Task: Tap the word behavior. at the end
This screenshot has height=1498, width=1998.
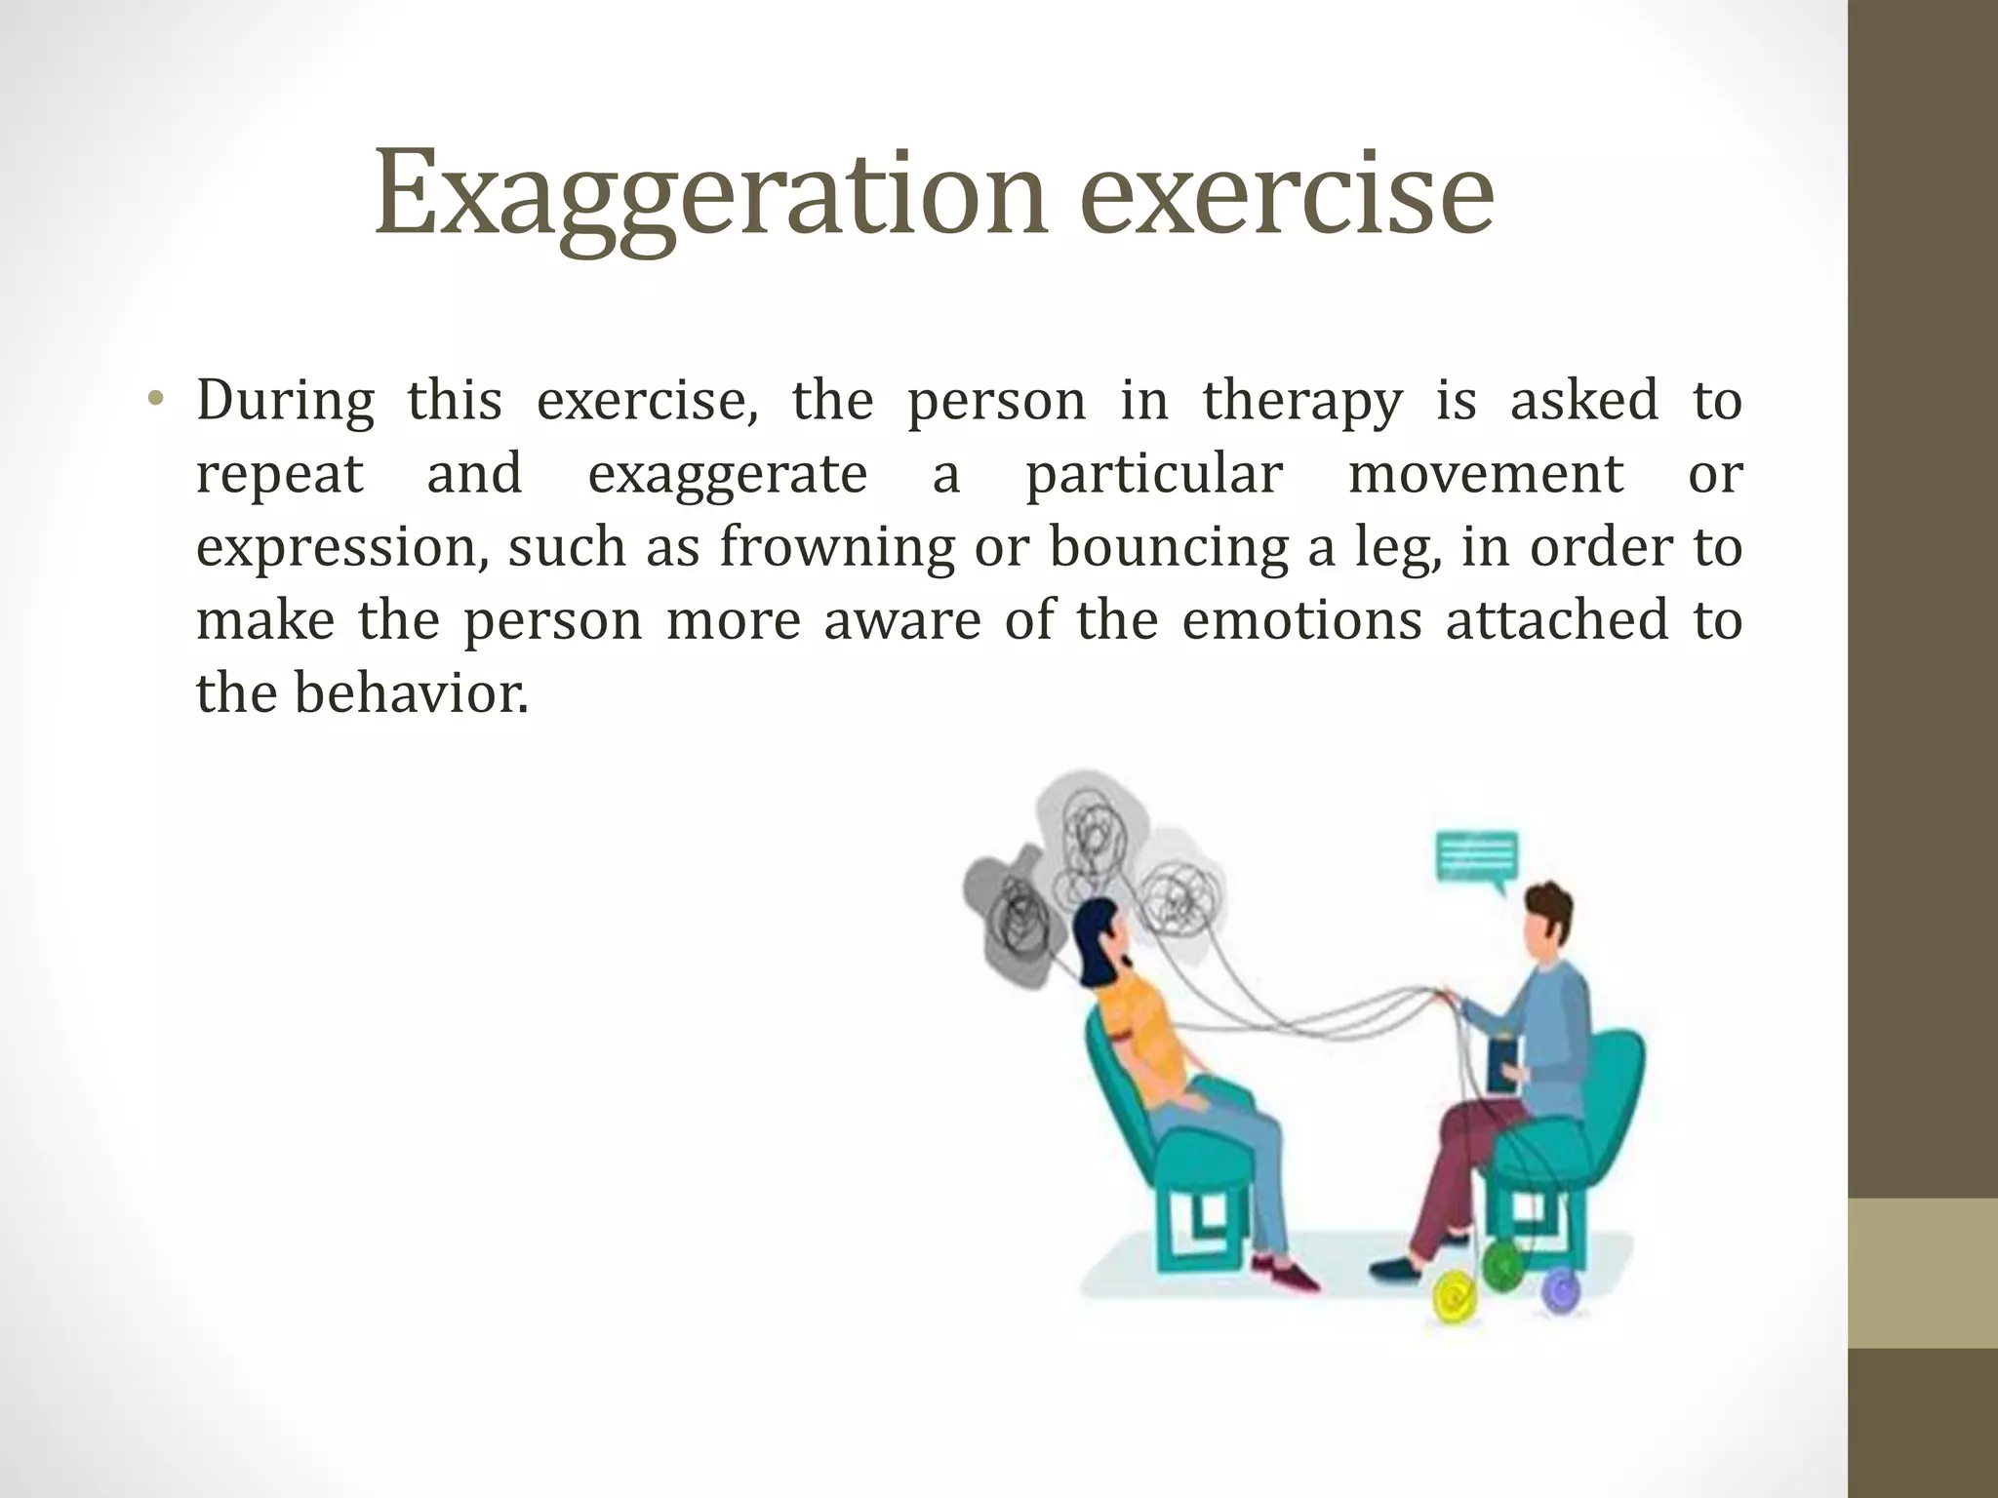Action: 411,693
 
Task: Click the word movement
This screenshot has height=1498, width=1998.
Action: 1485,474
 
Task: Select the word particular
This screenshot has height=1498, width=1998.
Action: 1153,474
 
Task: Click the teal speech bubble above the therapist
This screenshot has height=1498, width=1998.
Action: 1477,859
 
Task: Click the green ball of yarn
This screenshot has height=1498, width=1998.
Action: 1501,1265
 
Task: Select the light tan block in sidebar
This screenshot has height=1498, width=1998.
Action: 1922,1273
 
